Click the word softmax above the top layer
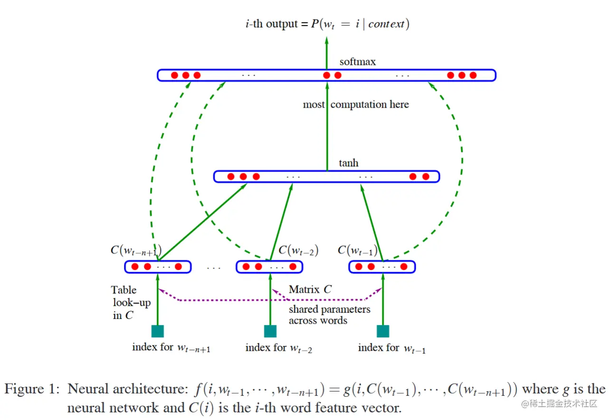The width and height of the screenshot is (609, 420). (358, 62)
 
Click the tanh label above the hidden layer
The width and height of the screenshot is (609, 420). (349, 163)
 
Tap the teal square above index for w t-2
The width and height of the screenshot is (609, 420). (270, 331)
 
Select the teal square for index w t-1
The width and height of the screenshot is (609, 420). (383, 331)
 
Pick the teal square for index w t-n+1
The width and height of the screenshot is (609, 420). (158, 331)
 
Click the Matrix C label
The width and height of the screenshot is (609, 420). (310, 289)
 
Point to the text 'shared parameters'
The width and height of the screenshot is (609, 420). (330, 310)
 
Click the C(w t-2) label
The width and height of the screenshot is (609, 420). (298, 250)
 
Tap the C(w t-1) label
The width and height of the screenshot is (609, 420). (358, 250)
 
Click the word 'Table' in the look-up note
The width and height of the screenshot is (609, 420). (124, 290)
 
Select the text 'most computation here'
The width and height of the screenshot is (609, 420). (356, 105)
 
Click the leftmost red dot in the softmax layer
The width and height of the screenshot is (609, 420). (174, 75)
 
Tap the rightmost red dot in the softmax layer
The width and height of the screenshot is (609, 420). (473, 75)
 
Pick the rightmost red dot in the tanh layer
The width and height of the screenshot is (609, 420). (426, 177)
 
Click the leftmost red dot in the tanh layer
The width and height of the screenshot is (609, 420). (231, 177)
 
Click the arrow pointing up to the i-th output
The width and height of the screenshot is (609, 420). (327, 53)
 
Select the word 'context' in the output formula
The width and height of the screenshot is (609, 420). (386, 24)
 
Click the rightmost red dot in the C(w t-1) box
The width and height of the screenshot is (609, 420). (404, 267)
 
